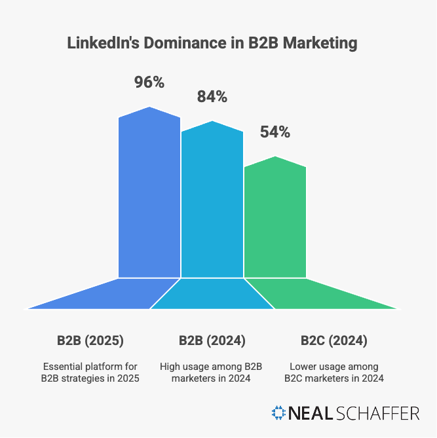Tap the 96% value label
(149, 83)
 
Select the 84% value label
(212, 98)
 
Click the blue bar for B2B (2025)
(149, 196)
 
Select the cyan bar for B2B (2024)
(212, 203)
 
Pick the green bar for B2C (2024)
(275, 219)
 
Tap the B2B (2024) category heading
(212, 340)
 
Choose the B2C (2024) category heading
(334, 340)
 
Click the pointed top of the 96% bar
(149, 108)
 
